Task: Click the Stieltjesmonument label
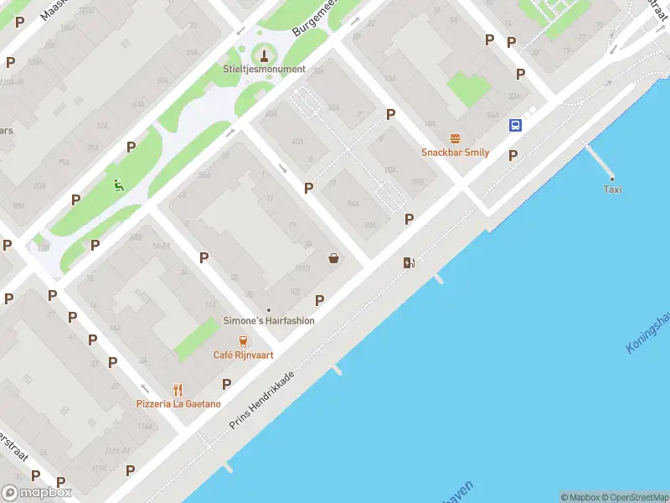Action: click(265, 69)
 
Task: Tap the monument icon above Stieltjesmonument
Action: click(265, 55)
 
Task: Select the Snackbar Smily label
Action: click(455, 153)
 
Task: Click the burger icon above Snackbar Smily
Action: click(455, 138)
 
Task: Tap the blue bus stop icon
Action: click(515, 126)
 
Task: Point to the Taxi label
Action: click(612, 189)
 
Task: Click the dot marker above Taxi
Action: click(612, 178)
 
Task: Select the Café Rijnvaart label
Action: click(243, 355)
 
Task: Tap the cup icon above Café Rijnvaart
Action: click(243, 340)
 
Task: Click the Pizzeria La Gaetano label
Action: click(178, 403)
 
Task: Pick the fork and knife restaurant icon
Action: click(178, 389)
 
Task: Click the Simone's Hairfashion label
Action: click(269, 320)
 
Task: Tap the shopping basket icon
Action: click(334, 258)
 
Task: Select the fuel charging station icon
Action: click(409, 262)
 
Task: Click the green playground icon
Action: click(118, 185)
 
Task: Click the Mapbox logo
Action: click(36, 493)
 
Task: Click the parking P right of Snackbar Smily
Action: click(513, 155)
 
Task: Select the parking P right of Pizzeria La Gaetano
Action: click(226, 384)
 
